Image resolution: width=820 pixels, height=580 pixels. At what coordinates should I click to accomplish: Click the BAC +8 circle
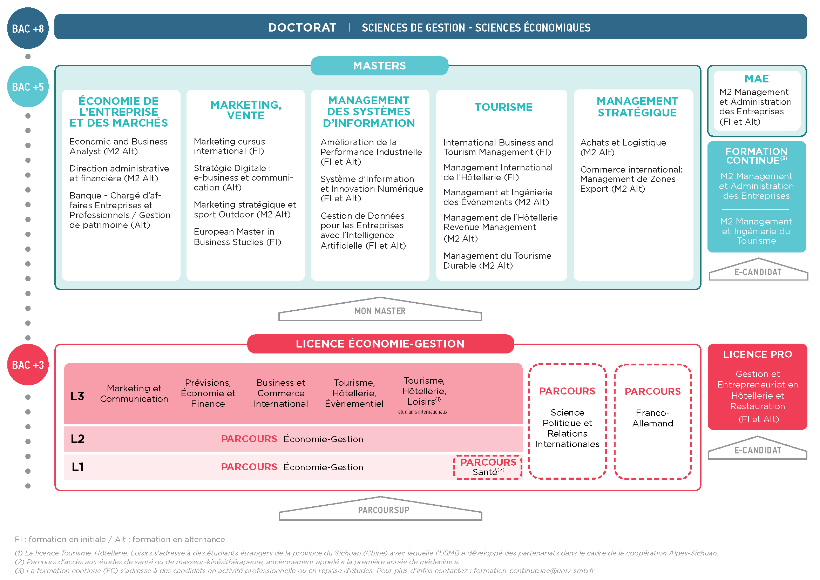tap(28, 28)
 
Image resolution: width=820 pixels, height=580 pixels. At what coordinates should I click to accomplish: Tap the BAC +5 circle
tap(28, 87)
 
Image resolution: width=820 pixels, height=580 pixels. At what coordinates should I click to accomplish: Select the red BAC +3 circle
tap(28, 365)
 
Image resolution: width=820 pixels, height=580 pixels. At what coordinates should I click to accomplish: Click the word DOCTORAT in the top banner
tap(302, 27)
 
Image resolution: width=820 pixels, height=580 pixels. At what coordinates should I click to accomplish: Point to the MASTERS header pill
tap(380, 66)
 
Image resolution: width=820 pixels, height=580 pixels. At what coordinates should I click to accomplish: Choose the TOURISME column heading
tap(503, 107)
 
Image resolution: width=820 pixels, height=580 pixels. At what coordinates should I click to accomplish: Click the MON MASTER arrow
tap(380, 310)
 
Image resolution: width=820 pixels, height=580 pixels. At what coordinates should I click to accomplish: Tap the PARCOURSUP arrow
tap(380, 509)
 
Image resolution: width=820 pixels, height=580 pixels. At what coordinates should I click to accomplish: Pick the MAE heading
tap(757, 79)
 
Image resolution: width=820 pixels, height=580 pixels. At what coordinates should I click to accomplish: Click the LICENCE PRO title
tap(758, 354)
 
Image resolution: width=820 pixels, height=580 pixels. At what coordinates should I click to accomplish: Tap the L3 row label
tap(77, 396)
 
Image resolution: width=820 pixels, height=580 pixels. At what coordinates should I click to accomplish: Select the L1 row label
tap(77, 467)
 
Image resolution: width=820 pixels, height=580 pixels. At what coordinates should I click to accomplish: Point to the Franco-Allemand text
tap(653, 418)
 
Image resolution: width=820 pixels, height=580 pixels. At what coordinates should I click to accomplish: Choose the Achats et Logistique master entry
tap(623, 148)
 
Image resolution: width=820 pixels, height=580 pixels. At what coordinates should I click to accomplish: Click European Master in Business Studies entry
tap(237, 237)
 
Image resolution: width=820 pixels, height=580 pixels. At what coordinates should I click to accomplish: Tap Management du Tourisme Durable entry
tap(497, 261)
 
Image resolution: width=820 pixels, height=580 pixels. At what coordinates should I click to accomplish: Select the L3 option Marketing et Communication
tap(134, 393)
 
